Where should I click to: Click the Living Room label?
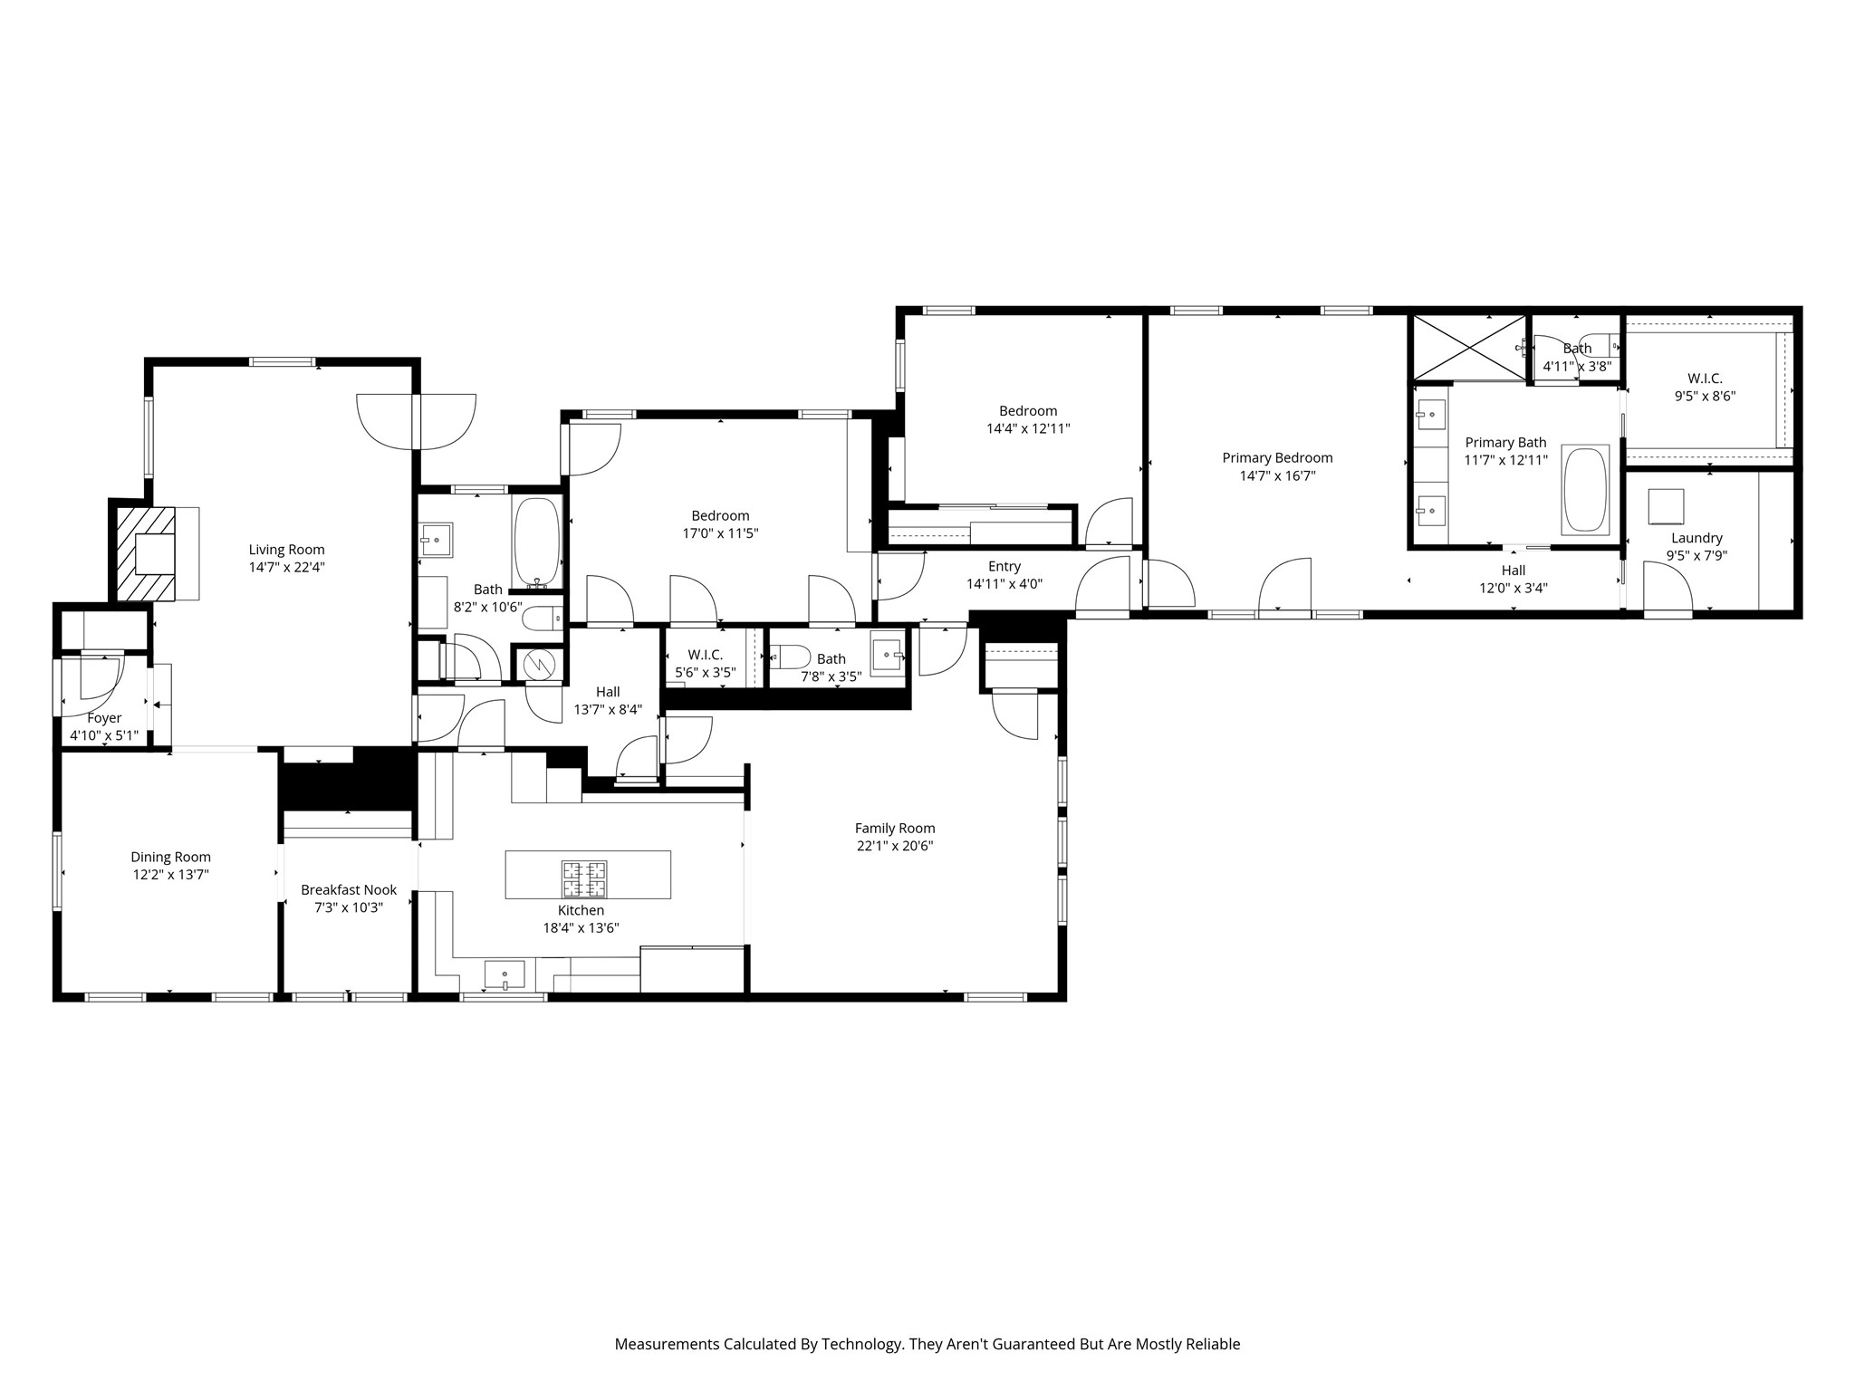pyautogui.click(x=286, y=550)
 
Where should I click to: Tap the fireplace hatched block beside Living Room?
pyautogui.click(x=146, y=553)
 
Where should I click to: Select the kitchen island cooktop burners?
pyautogui.click(x=584, y=878)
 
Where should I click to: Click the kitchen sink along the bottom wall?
pyautogui.click(x=505, y=976)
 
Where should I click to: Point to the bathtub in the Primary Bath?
pyautogui.click(x=1585, y=489)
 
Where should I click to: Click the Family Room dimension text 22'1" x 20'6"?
pyautogui.click(x=895, y=846)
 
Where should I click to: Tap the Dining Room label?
pyautogui.click(x=170, y=857)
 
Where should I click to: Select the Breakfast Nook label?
pyautogui.click(x=349, y=890)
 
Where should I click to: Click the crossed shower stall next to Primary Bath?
pyautogui.click(x=1469, y=348)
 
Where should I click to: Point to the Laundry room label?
pyautogui.click(x=1696, y=538)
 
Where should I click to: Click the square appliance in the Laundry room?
pyautogui.click(x=1666, y=507)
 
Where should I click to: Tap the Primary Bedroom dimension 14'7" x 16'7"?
pyautogui.click(x=1277, y=475)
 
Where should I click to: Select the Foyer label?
pyautogui.click(x=104, y=718)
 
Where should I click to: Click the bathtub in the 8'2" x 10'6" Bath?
pyautogui.click(x=538, y=542)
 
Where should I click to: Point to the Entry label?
pyautogui.click(x=1004, y=566)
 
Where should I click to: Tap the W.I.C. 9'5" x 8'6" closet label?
pyautogui.click(x=1705, y=379)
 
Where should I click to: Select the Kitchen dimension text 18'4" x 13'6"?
pyautogui.click(x=581, y=927)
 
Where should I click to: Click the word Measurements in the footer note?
pyautogui.click(x=667, y=1344)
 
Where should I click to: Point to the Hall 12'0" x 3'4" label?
pyautogui.click(x=1514, y=571)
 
